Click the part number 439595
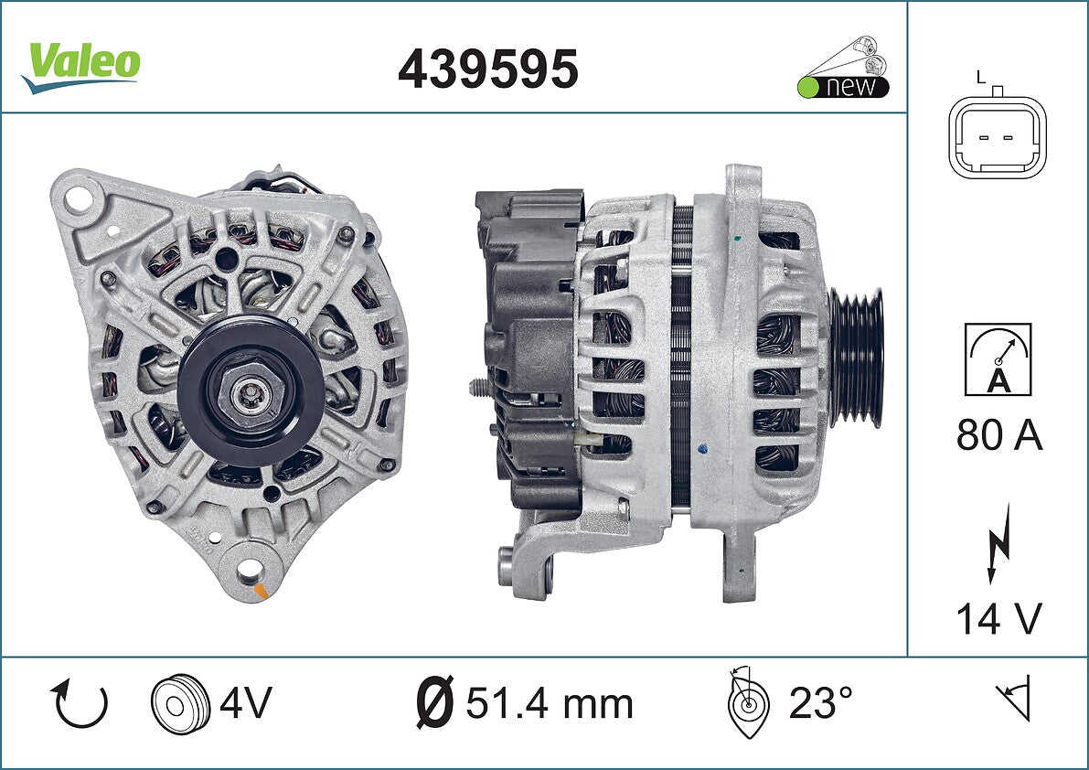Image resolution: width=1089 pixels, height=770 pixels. click(x=487, y=69)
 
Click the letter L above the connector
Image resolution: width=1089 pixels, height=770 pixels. click(x=981, y=77)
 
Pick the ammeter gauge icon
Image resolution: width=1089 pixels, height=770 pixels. click(x=998, y=359)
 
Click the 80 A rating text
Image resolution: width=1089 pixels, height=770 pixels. click(x=998, y=435)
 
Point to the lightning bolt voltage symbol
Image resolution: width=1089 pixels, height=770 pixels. click(x=998, y=543)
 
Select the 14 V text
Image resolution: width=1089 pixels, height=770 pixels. click(x=998, y=618)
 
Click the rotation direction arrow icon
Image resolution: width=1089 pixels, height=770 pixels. click(x=79, y=703)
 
